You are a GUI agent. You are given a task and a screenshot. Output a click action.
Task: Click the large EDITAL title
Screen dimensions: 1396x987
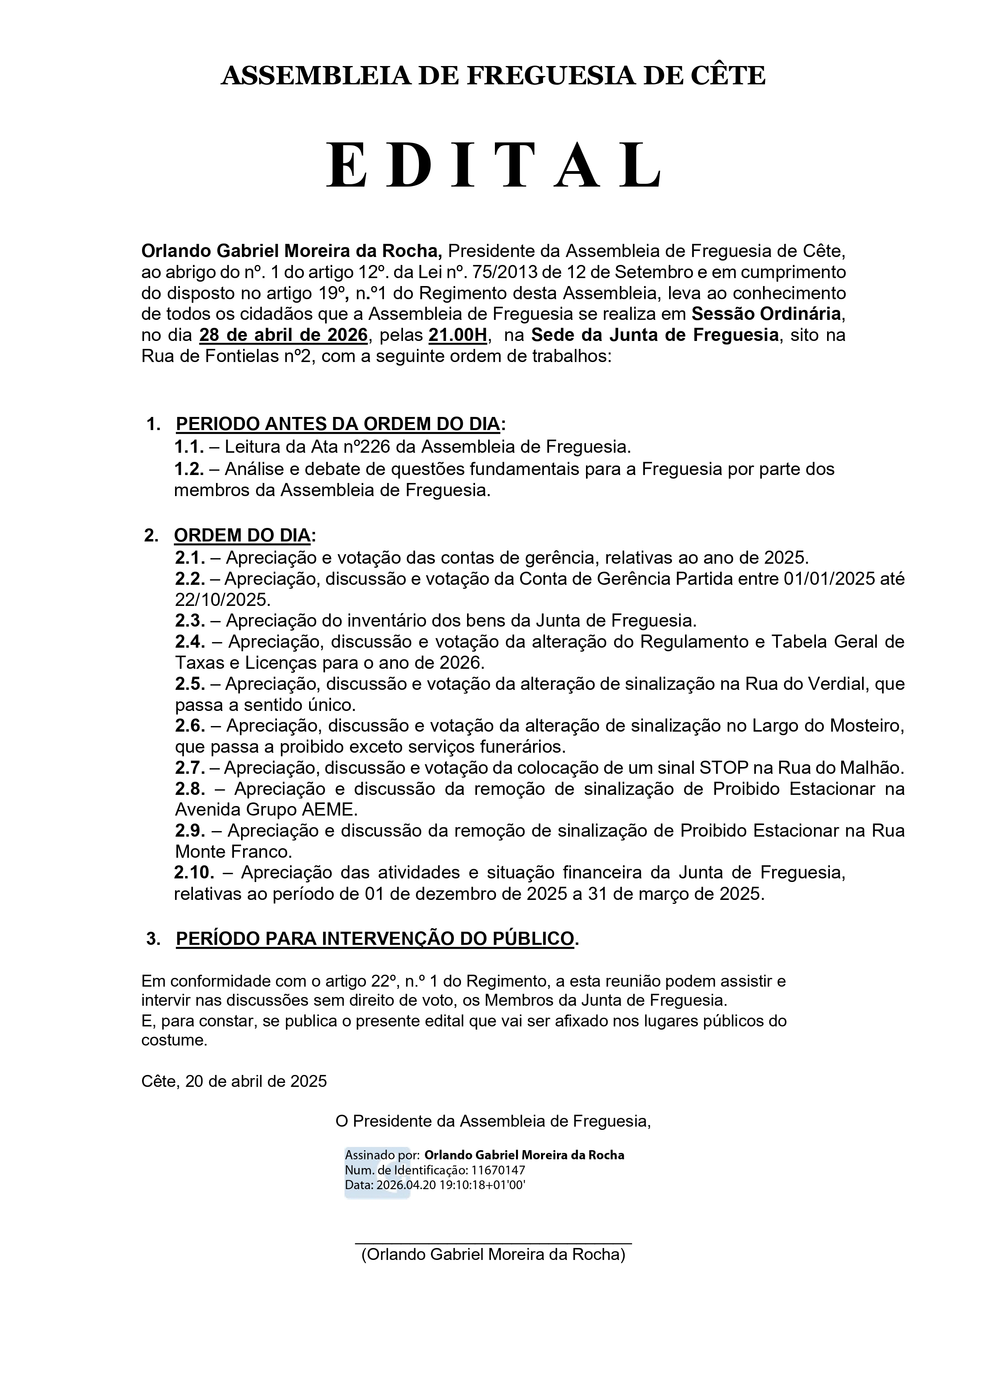[493, 165]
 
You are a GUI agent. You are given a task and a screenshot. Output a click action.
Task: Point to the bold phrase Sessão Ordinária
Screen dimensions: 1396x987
[766, 314]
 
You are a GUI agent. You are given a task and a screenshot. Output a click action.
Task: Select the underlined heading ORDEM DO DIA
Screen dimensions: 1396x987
[242, 535]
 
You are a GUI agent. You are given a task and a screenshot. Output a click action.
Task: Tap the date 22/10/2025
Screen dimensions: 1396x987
[222, 600]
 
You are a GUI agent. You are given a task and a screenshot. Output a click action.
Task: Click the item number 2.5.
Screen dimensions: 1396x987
[190, 683]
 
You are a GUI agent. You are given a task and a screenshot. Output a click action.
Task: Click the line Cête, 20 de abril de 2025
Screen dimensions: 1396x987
[234, 1081]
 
